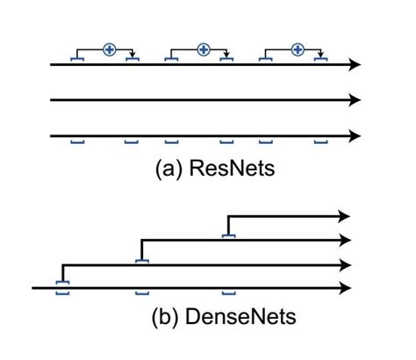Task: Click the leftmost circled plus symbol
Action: click(109, 49)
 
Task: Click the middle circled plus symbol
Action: click(204, 49)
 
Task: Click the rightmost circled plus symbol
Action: click(298, 49)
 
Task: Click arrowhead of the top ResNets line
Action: click(355, 64)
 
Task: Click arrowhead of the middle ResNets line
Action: click(355, 100)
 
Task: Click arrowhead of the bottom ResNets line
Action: click(355, 136)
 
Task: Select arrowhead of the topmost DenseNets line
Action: click(345, 216)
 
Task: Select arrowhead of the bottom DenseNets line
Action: click(345, 287)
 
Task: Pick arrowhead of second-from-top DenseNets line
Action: click(345, 240)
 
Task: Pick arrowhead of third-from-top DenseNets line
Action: click(345, 263)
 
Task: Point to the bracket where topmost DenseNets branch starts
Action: click(228, 235)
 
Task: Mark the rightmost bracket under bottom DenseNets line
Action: click(228, 292)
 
